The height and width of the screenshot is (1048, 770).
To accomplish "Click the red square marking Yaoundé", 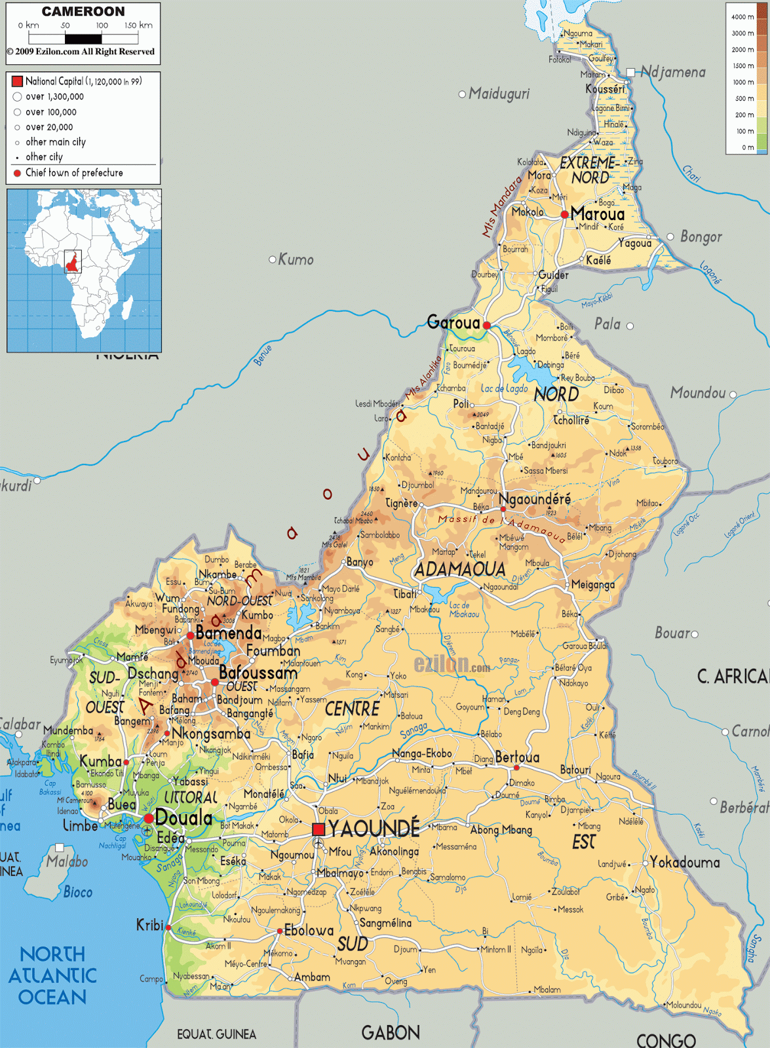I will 318,829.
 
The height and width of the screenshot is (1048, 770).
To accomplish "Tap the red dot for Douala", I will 149,818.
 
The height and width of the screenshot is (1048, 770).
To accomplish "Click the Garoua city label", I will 453,322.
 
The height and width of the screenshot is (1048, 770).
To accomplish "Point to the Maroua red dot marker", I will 564,214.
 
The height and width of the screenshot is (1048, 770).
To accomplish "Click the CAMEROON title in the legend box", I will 83,12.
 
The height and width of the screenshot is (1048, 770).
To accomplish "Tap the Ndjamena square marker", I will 630,72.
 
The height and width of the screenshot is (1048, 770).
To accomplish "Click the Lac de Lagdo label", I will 504,388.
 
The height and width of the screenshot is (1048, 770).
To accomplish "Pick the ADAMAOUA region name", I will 460,569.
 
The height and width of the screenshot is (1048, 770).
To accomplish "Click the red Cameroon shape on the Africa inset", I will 72,263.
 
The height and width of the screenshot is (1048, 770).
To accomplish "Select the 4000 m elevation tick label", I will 742,17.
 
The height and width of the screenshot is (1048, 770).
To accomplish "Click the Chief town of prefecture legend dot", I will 17,173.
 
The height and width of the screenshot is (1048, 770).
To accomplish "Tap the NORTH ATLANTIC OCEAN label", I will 52,975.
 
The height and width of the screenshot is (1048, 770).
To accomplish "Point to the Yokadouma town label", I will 685,863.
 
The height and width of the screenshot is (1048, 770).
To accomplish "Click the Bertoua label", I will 517,757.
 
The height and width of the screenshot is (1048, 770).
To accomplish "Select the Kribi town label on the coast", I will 149,925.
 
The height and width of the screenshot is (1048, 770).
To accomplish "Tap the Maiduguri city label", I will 499,94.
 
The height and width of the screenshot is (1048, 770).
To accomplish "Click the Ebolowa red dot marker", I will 280,931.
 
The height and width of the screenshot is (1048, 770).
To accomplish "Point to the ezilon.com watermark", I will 452,664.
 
